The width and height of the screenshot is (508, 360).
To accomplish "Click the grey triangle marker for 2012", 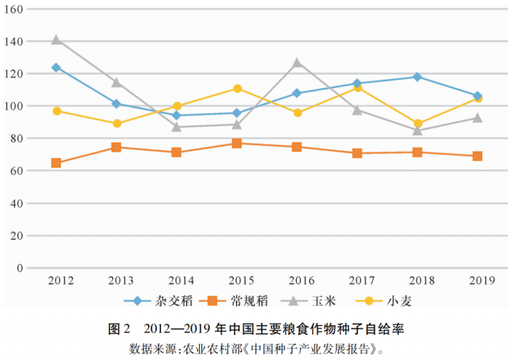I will click(56, 40).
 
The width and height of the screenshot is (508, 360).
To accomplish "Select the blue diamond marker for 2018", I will click(417, 77).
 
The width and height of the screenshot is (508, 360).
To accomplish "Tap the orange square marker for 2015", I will click(237, 143).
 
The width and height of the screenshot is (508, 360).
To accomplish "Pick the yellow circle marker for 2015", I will click(237, 88).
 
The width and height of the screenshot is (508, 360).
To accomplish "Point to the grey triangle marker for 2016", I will click(297, 62).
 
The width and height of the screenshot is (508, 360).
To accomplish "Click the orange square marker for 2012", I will click(56, 163).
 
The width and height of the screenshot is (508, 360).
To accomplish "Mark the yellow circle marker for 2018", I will click(418, 123).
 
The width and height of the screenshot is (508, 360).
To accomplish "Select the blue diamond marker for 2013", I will click(116, 104).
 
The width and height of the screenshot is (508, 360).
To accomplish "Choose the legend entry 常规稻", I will click(249, 301).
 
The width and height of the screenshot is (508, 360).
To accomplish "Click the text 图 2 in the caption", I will click(119, 329).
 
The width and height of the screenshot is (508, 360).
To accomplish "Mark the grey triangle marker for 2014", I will click(177, 127).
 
